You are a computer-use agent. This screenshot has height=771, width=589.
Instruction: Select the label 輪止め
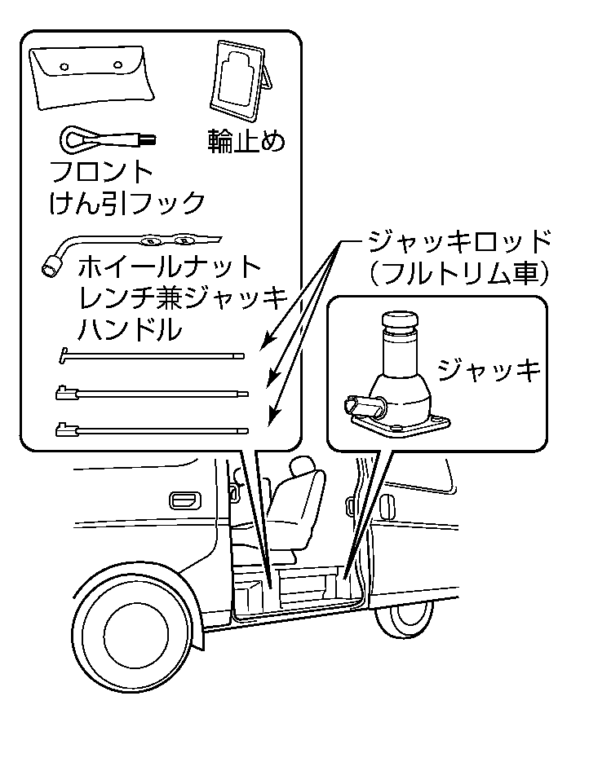point(246,140)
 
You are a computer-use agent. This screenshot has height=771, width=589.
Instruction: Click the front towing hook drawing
point(102,140)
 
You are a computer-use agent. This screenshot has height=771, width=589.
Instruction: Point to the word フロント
point(102,174)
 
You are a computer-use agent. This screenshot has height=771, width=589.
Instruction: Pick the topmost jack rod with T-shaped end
point(152,355)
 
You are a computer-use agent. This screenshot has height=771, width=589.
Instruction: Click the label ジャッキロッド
point(459,242)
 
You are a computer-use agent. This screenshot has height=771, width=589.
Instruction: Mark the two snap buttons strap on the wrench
point(168,240)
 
